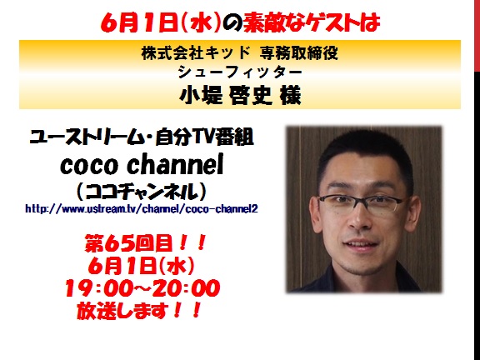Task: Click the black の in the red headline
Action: [232, 22]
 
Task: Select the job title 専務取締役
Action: [299, 53]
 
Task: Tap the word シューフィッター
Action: [240, 72]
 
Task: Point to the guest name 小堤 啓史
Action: [225, 95]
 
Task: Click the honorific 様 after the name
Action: [290, 95]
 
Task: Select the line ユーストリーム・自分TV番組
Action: [142, 137]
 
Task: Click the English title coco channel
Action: [142, 165]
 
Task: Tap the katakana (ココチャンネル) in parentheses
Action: [142, 191]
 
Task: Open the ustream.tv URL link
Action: [142, 209]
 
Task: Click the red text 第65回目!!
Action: [145, 243]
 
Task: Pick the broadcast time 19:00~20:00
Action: [142, 287]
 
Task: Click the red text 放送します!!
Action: [139, 310]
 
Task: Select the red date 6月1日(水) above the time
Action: [141, 265]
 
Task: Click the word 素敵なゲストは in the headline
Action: [312, 22]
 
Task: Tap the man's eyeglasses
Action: [362, 204]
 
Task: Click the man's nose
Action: [360, 219]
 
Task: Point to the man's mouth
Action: [361, 245]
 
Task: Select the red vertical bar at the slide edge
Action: [477, 36]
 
